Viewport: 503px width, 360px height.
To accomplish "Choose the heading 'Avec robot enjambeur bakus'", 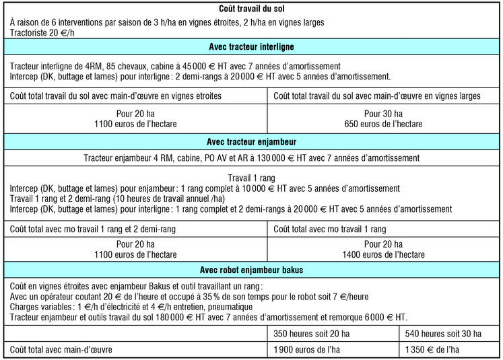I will tap(251, 270).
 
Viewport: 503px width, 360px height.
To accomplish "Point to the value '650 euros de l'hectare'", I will tap(383, 124).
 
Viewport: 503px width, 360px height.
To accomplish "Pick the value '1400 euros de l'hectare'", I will tap(383, 254).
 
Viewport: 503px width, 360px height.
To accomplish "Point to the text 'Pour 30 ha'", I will tap(383, 114).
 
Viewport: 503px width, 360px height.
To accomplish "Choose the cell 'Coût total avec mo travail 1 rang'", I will tap(330, 229).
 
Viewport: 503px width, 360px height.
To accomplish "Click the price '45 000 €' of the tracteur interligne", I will tap(229, 66).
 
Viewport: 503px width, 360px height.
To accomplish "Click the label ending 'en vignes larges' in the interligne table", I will tap(377, 96).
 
